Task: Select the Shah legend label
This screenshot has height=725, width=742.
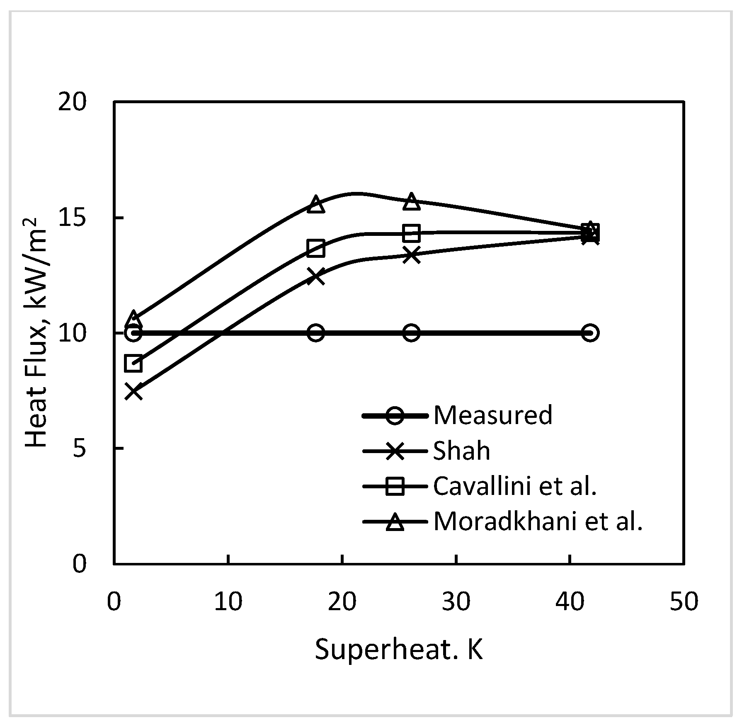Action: pos(461,451)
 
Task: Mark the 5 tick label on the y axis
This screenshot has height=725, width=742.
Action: pos(79,449)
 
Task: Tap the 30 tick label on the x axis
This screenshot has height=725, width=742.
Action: pos(456,601)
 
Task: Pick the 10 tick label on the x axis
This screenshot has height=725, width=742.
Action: pos(228,601)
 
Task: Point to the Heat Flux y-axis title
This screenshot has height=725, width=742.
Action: pos(38,332)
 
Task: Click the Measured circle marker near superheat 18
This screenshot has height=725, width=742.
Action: pos(316,333)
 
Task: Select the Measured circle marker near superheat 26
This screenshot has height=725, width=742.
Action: pos(411,333)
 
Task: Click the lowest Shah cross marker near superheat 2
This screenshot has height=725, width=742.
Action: pos(134,391)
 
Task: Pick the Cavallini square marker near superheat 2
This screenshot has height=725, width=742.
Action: pos(134,364)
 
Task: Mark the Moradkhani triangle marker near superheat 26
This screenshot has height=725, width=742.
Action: pos(411,201)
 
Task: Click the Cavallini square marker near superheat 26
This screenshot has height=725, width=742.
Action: pos(411,233)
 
